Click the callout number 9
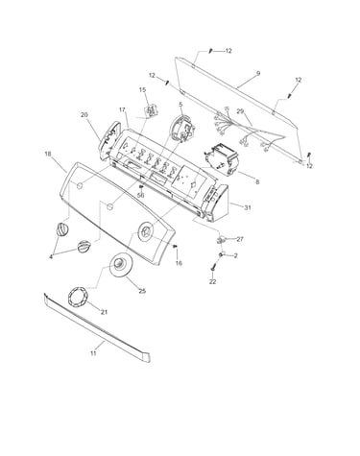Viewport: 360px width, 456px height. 258,73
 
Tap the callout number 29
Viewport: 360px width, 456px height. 240,111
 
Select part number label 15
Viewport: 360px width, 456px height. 143,90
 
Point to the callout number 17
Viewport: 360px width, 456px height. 122,109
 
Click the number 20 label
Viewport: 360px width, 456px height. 84,114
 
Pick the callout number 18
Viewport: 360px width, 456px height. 48,154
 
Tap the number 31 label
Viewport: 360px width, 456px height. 248,207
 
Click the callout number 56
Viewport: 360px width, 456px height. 141,195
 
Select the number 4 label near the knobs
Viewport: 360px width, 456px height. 51,256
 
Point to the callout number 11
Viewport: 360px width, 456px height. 93,353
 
